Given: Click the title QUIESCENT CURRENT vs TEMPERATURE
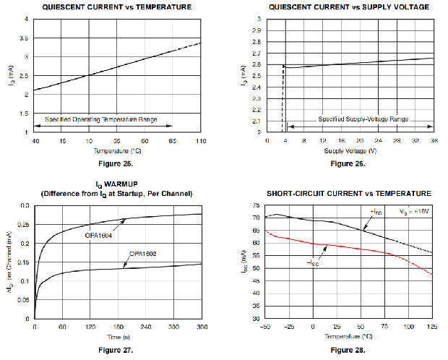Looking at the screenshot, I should [116, 7].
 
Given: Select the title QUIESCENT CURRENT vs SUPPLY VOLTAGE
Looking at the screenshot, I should [348, 7].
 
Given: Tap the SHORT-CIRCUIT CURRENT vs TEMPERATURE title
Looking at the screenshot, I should [349, 194].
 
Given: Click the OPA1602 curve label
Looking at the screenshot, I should [144, 254].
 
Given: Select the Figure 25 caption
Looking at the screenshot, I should [116, 163].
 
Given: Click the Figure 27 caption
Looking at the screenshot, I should [116, 350].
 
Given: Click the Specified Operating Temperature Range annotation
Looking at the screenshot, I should [101, 119].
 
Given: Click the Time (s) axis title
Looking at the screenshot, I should [117, 338].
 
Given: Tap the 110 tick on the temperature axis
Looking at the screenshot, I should [200, 142].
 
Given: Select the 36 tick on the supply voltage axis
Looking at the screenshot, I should [434, 142].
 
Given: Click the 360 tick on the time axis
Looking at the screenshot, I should [201, 327].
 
